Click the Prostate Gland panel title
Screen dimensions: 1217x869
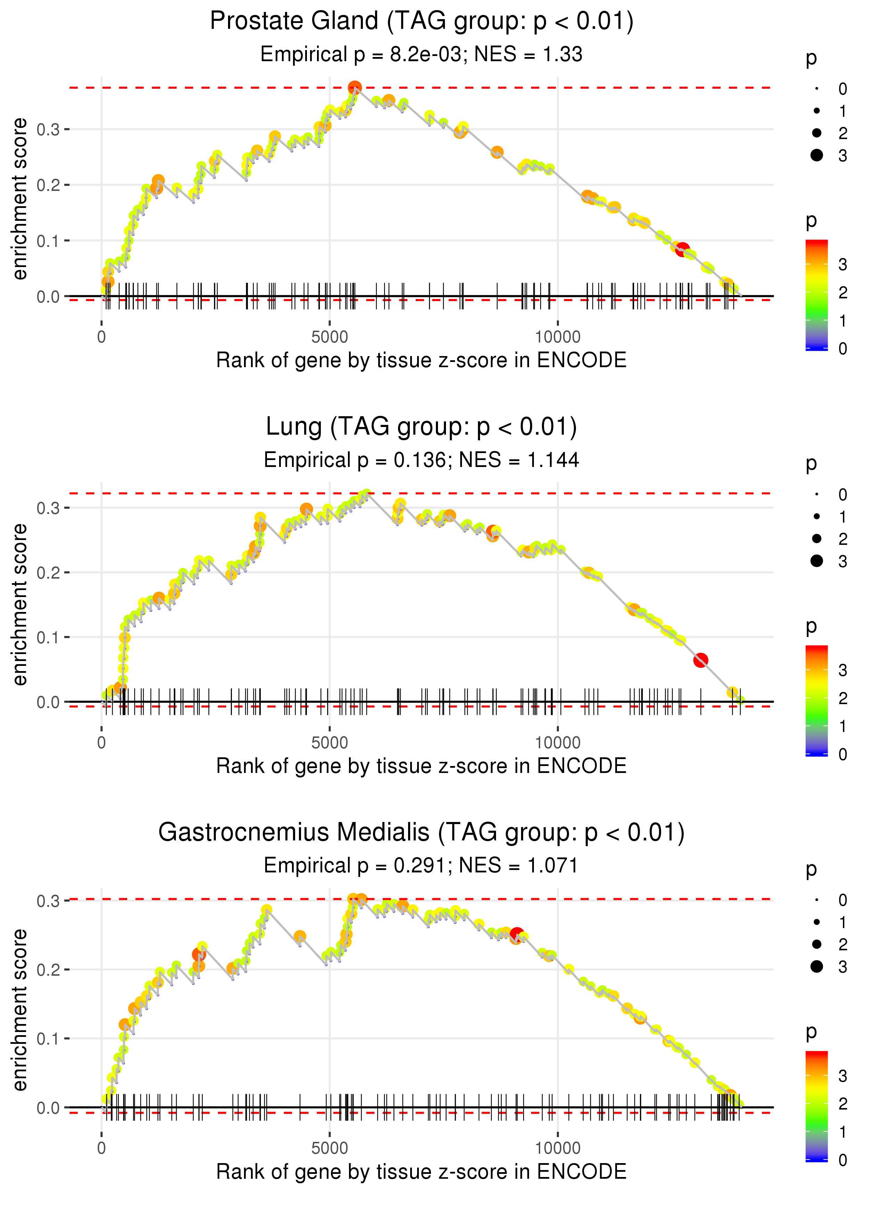[421, 22]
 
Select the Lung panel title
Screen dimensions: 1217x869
[421, 427]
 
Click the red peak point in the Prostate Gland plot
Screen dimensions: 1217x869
[355, 87]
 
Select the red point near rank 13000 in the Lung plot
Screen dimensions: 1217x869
[700, 660]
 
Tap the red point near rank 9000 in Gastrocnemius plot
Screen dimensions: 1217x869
[517, 934]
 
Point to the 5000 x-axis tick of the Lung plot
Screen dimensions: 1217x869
[330, 743]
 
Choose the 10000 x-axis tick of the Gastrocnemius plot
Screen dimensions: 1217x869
[558, 1149]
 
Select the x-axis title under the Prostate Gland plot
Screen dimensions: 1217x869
[421, 360]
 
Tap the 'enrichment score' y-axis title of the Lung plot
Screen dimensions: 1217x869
[20, 604]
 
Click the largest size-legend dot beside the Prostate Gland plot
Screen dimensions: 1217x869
[817, 155]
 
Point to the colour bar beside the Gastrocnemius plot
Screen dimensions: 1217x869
[816, 1106]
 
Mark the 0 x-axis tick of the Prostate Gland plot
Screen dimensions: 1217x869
[101, 337]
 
